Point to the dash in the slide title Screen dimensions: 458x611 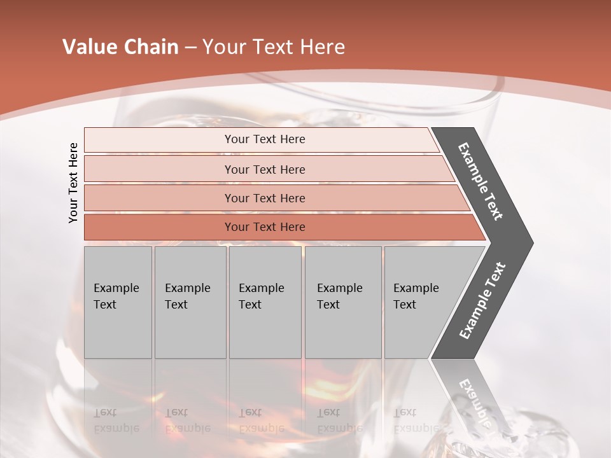tap(190, 48)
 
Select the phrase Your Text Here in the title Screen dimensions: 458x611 tap(273, 47)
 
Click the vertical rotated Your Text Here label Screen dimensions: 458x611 tap(73, 183)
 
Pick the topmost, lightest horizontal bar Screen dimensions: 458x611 tap(265, 139)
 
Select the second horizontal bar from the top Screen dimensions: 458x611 tap(265, 169)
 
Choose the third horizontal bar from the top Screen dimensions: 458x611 tap(265, 198)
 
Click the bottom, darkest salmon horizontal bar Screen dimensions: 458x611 tap(265, 227)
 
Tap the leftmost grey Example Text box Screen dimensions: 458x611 tap(118, 302)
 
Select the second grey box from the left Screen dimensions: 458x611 tap(190, 302)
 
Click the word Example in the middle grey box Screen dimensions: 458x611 tap(261, 288)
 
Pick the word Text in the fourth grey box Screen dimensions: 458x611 tap(328, 305)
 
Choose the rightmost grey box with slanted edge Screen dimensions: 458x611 tap(420, 302)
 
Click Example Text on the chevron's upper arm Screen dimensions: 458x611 tap(481, 181)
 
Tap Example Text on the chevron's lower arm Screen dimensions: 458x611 tap(482, 300)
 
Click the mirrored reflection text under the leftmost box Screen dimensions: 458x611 tap(116, 420)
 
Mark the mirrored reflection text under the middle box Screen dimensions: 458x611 tap(261, 420)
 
